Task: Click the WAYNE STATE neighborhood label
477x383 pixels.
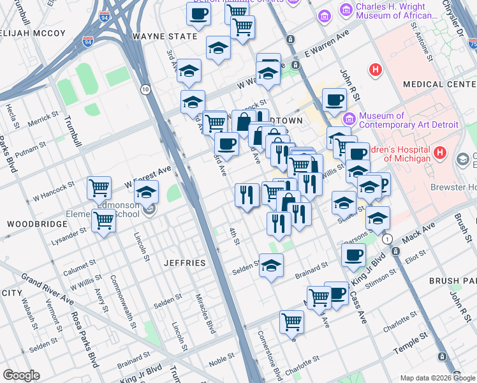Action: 165,36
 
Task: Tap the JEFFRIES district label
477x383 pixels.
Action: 184,263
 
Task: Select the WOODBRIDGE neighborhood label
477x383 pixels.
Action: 37,224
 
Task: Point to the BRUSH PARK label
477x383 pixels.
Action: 453,281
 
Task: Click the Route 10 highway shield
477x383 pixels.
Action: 146,89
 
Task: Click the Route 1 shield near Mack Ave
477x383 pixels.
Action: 387,238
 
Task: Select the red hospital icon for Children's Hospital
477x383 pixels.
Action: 439,153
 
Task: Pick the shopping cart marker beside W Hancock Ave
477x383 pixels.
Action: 99,188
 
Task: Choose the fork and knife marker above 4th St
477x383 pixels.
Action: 247,195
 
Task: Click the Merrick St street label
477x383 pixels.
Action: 43,119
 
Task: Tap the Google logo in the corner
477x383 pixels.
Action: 21,375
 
